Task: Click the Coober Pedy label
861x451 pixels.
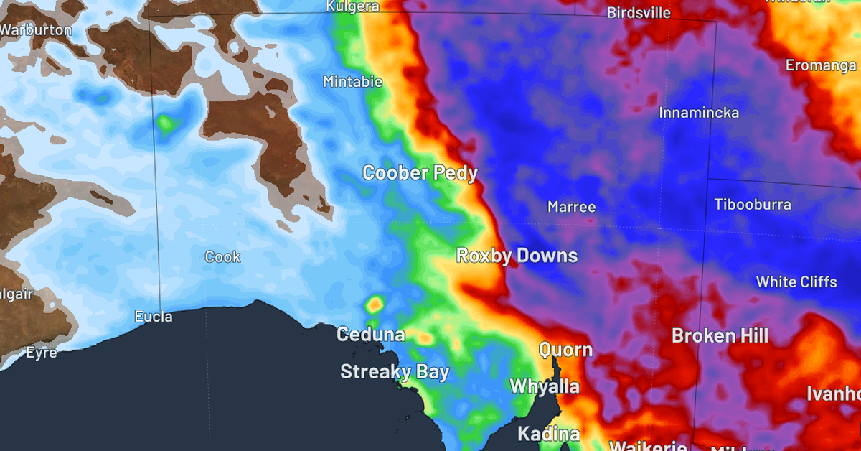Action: click(x=420, y=173)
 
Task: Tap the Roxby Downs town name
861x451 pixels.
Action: click(x=517, y=256)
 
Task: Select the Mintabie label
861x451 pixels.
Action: click(x=352, y=82)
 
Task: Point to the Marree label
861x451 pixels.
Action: click(x=571, y=207)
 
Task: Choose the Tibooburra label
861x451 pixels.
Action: click(x=753, y=205)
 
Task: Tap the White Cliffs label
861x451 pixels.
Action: click(x=796, y=282)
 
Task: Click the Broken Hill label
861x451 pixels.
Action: click(x=720, y=335)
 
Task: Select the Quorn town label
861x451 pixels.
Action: click(x=565, y=350)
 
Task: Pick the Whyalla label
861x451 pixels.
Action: click(x=544, y=386)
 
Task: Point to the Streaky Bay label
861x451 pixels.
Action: click(x=394, y=372)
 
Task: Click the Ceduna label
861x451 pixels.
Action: click(x=371, y=335)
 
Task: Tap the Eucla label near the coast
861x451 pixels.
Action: click(x=154, y=316)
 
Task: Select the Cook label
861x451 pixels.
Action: click(x=222, y=257)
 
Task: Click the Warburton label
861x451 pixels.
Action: click(x=36, y=31)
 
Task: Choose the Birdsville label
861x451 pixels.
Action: click(x=639, y=13)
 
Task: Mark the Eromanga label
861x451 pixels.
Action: click(x=820, y=65)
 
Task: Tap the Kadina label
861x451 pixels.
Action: click(x=548, y=434)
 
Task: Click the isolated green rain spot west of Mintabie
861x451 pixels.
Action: click(x=166, y=124)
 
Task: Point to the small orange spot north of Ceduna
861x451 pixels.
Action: click(x=374, y=304)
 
